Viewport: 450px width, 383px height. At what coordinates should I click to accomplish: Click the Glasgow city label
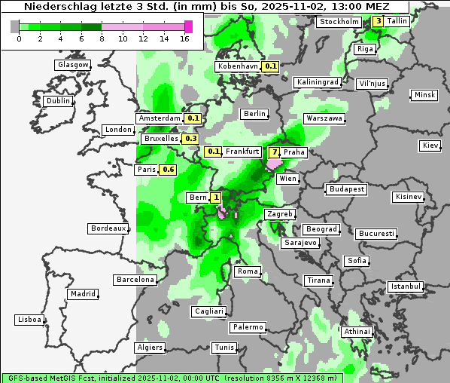[72, 65]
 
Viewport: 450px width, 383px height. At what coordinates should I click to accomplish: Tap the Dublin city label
[58, 101]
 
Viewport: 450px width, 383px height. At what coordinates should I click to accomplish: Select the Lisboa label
[29, 320]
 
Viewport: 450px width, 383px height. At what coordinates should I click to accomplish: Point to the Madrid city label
[82, 294]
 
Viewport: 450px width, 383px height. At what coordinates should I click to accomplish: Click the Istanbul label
[406, 286]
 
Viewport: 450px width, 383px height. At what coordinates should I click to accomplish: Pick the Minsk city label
[424, 95]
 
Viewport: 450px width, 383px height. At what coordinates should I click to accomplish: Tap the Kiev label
[430, 146]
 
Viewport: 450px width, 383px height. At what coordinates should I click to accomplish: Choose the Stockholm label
[339, 22]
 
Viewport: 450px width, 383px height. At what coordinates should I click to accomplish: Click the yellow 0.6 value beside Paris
[169, 170]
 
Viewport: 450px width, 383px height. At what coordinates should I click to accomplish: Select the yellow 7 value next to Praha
[274, 152]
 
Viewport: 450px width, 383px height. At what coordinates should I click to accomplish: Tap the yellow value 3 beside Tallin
[378, 21]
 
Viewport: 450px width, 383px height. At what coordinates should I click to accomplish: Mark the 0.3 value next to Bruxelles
[190, 139]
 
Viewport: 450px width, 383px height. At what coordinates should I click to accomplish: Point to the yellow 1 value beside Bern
[217, 198]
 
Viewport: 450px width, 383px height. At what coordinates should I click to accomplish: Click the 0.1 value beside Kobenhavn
[271, 66]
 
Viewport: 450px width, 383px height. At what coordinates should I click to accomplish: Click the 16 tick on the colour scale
[185, 38]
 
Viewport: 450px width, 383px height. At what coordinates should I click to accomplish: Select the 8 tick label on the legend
[102, 38]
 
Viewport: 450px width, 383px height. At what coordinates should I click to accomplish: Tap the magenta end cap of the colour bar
[188, 26]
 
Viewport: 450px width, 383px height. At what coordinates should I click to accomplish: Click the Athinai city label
[357, 332]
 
